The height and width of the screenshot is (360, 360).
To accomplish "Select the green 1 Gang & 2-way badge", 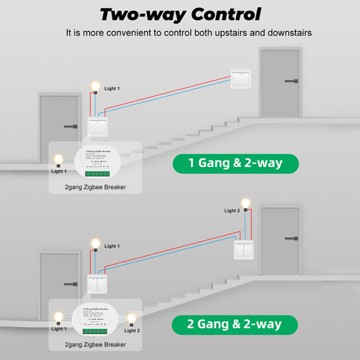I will coord(235,163).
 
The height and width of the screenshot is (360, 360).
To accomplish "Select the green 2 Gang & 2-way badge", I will coord(235,325).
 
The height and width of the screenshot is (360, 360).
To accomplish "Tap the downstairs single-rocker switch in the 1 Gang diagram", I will coord(97,126).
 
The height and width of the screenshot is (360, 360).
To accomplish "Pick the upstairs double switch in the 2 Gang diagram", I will coord(244,250).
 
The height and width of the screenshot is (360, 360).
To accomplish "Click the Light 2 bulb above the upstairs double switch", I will coord(246,204).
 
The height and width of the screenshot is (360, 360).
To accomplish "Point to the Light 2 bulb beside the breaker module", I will coord(130,318).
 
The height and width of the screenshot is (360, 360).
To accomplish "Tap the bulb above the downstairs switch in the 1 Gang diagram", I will coord(94,86).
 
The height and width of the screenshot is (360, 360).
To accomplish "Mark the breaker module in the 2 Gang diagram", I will coord(94,322).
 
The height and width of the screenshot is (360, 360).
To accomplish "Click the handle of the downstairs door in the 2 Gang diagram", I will coord(70,285).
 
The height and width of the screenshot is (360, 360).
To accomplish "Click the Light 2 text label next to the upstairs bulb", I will coord(231,211).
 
